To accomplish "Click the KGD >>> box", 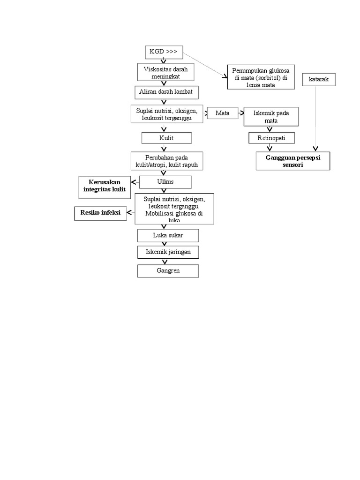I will (163, 52).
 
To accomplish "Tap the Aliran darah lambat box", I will (166, 92).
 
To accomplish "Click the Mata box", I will (222, 113).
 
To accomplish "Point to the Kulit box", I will (166, 138).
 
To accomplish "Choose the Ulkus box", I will (166, 182).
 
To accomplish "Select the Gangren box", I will (168, 271).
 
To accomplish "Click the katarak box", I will (319, 80).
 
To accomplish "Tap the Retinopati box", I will (271, 138).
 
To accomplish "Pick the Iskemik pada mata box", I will (271, 117).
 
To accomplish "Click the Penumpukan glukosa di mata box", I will (261, 77).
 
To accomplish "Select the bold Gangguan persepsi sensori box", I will (292, 161).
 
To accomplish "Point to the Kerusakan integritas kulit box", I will (105, 185).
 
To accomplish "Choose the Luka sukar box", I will (168, 235).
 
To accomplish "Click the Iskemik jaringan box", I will (168, 252).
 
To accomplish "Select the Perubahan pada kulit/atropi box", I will (166, 161).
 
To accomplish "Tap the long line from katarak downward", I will (315, 117).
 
